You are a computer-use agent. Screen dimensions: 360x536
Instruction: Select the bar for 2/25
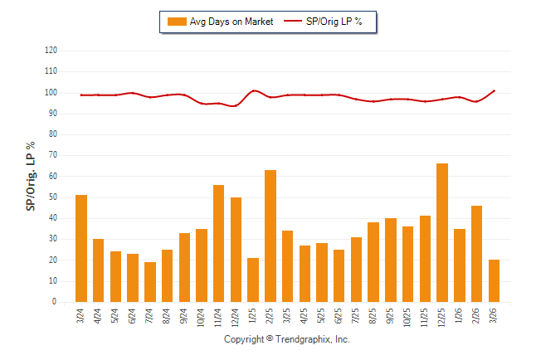coord(270,236)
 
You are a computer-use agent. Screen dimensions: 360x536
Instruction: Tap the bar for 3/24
coord(81,249)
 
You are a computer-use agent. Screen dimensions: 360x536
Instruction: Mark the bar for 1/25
coord(253,280)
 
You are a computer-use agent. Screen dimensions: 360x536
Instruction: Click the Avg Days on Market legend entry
coord(220,22)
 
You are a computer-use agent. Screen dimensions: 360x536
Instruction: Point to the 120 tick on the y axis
coord(51,51)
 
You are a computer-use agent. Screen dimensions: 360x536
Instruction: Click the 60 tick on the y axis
coord(52,177)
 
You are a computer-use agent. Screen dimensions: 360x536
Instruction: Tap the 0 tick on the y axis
coord(55,303)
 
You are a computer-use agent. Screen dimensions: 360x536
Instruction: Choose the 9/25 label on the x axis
coord(391,318)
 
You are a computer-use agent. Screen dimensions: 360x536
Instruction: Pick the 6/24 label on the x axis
coord(133,318)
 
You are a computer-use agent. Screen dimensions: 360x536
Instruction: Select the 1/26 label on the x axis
coord(460,318)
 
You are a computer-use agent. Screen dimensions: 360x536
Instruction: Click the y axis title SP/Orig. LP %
coord(31,177)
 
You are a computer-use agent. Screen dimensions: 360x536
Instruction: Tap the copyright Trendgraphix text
coord(287,340)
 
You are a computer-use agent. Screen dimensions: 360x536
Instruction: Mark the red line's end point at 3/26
coord(495,90)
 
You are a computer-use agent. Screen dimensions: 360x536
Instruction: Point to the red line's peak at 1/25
coord(254,90)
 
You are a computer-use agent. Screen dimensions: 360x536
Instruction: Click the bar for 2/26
coord(477,254)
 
